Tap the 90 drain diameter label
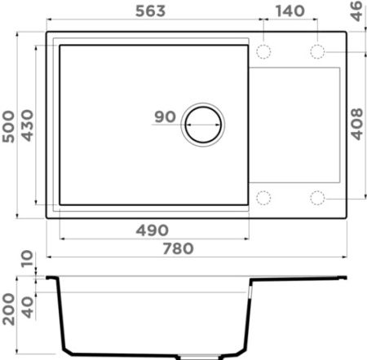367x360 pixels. [x=165, y=117]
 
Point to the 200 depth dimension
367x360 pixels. [x=9, y=308]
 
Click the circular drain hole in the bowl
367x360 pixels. [x=202, y=125]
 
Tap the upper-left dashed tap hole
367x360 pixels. [x=264, y=51]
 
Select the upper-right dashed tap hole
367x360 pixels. [x=316, y=51]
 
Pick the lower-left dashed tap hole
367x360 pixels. [x=264, y=198]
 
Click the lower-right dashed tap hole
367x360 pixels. [x=316, y=198]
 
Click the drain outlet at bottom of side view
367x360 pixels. [x=200, y=356]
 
